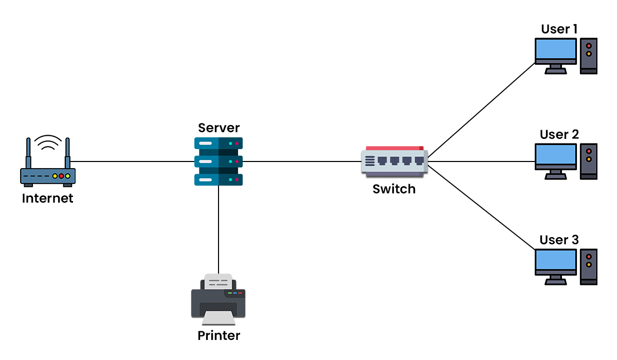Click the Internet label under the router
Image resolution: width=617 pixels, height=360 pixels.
tap(47, 198)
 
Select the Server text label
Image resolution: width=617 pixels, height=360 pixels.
tap(219, 128)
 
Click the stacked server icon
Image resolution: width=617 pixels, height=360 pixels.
tap(219, 161)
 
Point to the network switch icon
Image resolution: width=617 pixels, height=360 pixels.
tap(394, 161)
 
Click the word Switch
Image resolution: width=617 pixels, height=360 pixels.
tap(394, 189)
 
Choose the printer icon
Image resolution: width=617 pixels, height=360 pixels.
tap(219, 301)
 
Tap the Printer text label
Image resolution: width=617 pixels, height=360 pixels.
tap(219, 336)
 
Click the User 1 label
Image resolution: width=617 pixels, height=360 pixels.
tap(559, 29)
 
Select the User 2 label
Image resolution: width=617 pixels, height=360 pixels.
tap(559, 135)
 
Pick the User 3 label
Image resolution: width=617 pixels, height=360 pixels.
tap(559, 240)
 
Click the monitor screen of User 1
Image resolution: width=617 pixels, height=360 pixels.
tap(556, 49)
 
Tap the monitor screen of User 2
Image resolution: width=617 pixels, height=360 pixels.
tap(556, 155)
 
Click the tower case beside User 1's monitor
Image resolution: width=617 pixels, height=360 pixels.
tap(589, 56)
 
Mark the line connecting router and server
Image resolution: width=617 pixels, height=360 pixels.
tap(134, 161)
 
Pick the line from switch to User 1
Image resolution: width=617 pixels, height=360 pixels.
tap(481, 110)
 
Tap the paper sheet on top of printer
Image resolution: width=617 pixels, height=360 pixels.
tap(218, 281)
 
